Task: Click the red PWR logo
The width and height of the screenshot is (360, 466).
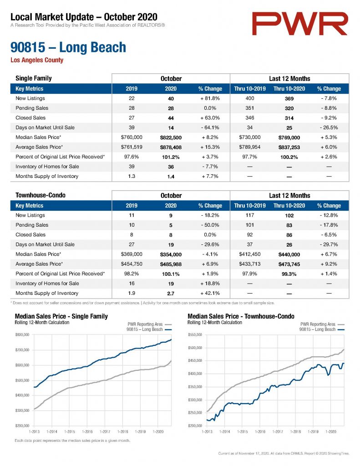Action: pos(300,24)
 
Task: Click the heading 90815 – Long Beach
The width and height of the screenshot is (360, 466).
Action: pos(68,47)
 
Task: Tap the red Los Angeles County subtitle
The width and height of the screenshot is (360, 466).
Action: pos(37,60)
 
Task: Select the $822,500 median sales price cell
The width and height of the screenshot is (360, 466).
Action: pos(171,137)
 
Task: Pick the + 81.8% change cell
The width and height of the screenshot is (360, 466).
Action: pos(210,98)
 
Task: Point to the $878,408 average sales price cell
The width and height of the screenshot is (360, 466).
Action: pos(171,147)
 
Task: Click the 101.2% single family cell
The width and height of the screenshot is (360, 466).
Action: pos(171,157)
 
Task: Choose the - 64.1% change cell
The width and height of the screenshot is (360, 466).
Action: pos(210,127)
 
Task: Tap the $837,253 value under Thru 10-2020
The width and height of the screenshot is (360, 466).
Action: pos(289,147)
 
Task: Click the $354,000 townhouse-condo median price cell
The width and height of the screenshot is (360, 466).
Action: pos(171,254)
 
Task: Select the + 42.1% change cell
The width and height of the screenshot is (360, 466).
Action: pos(210,293)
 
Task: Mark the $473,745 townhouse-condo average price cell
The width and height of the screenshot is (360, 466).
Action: pos(289,264)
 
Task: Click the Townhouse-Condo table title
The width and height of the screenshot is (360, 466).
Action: pos(41,195)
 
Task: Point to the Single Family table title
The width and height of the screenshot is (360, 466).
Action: pos(34,78)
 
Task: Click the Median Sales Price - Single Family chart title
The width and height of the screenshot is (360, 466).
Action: pos(61,316)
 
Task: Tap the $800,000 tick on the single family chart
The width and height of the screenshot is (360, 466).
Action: pos(22,334)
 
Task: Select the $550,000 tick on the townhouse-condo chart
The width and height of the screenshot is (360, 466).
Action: pos(195,334)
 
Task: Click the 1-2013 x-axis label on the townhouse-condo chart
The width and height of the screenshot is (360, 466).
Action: pos(207,431)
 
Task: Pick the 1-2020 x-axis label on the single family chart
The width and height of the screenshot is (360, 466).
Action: pos(158,431)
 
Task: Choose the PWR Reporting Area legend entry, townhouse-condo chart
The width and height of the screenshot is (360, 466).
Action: pos(322,324)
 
